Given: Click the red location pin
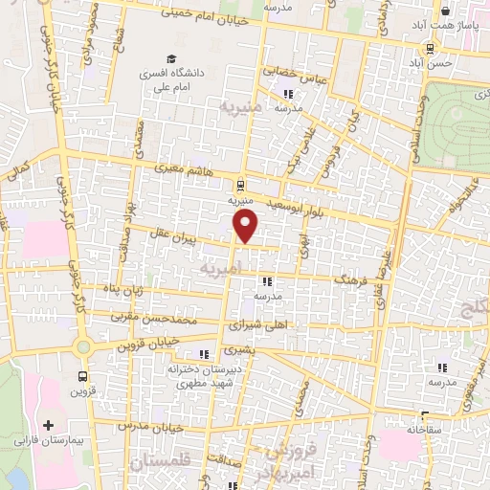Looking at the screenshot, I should coord(247,227).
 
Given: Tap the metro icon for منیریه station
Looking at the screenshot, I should coord(239,185).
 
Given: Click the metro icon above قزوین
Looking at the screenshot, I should coord(83,376).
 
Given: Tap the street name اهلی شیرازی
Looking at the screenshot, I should coord(244,324).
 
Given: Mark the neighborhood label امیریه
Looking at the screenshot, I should coord(222,270).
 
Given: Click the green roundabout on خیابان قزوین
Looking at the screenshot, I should coord(83,346).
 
